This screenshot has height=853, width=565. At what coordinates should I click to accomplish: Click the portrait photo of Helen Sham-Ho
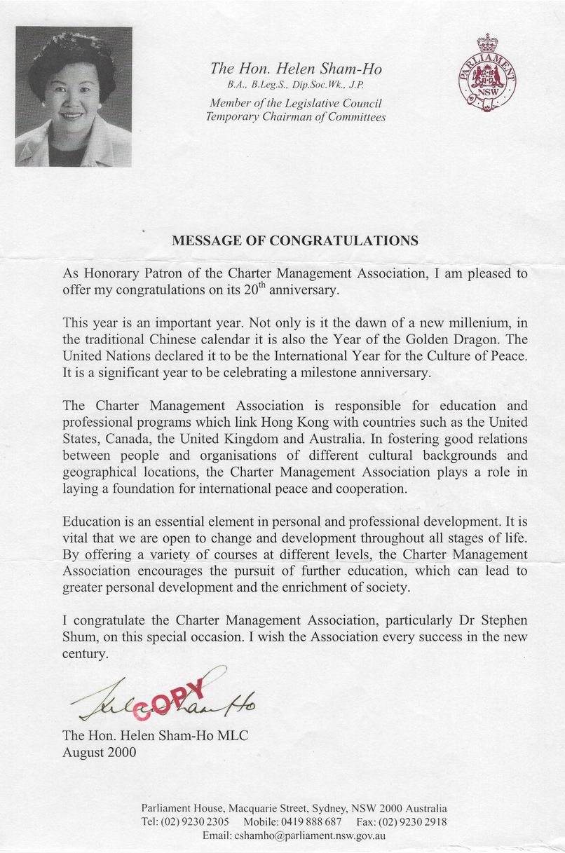(73, 96)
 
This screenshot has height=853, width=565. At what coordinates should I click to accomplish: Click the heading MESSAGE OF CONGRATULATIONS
(295, 240)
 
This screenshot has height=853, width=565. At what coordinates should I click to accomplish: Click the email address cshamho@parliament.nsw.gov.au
(294, 835)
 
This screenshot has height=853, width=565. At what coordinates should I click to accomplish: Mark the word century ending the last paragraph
(86, 654)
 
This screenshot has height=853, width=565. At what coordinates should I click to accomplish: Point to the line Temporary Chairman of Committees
(295, 116)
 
